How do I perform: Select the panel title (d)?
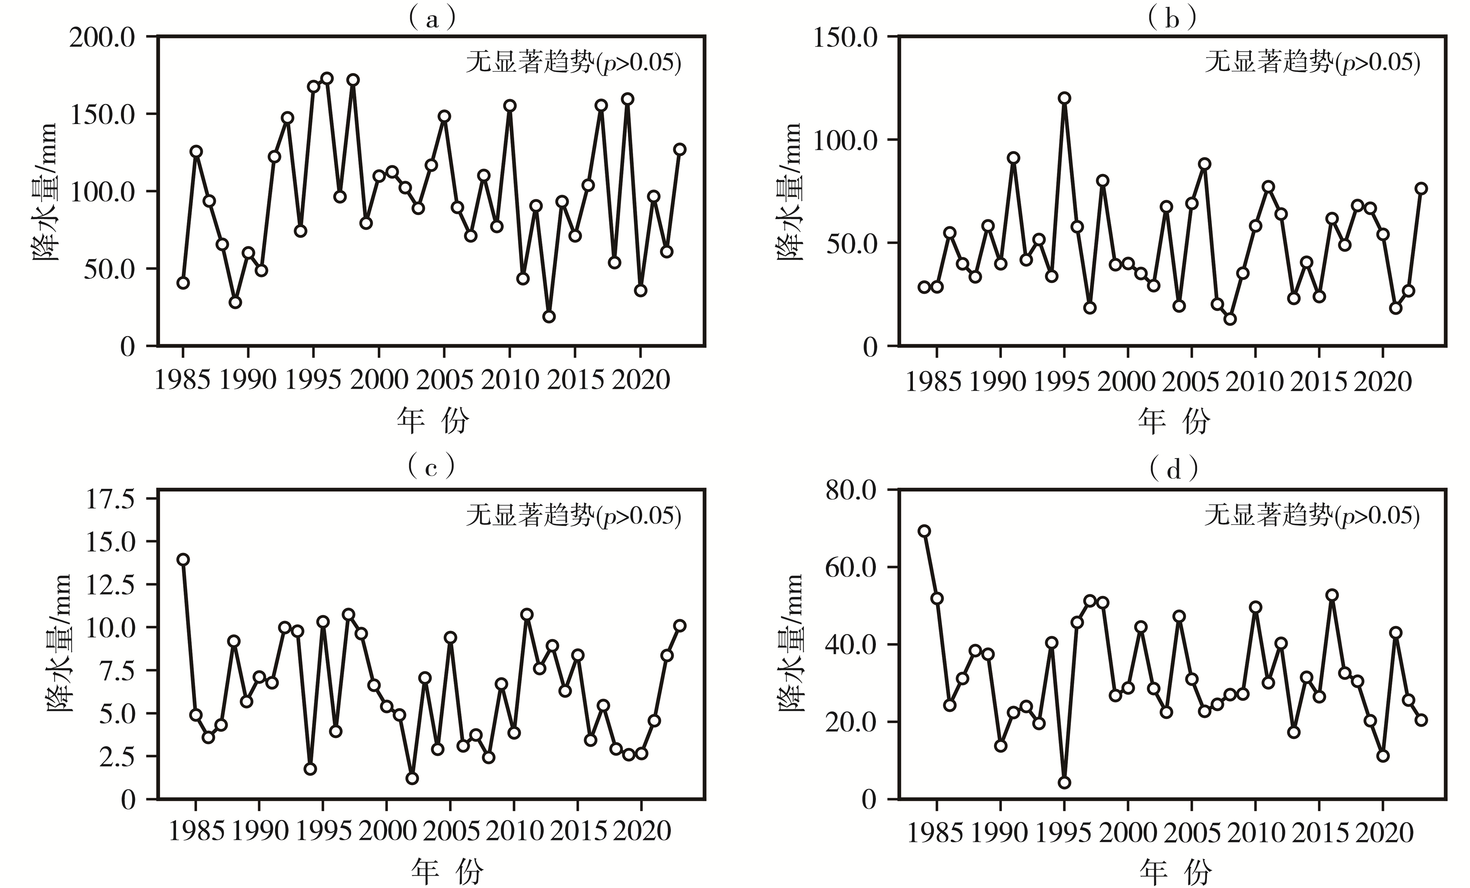coord(1173,470)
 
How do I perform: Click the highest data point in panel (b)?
coord(1064,98)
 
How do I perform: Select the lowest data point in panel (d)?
coord(1064,782)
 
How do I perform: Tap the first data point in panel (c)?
coord(183,559)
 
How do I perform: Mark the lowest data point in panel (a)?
coord(549,316)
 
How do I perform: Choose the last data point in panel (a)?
coord(679,149)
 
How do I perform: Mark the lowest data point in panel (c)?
coord(412,778)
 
